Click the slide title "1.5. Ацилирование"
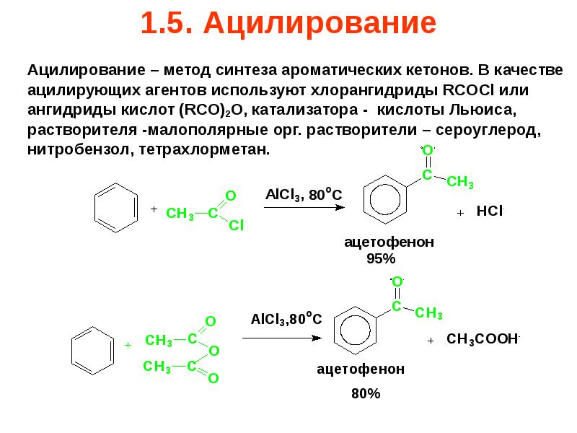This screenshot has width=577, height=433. (x=288, y=24)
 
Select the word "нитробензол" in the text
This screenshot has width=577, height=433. (x=69, y=149)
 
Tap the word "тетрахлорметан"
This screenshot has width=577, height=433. (x=214, y=149)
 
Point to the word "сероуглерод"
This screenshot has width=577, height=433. (x=495, y=130)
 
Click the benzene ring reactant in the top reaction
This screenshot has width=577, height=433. (x=116, y=208)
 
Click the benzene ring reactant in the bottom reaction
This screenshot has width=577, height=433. (x=92, y=349)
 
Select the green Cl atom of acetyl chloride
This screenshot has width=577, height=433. (x=237, y=226)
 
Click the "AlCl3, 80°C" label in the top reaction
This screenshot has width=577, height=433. (x=304, y=195)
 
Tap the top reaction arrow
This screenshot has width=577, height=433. (x=302, y=208)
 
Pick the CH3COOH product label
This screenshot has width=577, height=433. (x=483, y=339)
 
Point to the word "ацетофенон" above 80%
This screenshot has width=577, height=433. (x=361, y=369)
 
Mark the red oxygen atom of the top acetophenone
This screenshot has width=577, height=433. (x=427, y=149)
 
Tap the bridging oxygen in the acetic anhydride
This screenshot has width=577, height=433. (x=213, y=350)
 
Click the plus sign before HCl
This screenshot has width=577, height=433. (x=460, y=214)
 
